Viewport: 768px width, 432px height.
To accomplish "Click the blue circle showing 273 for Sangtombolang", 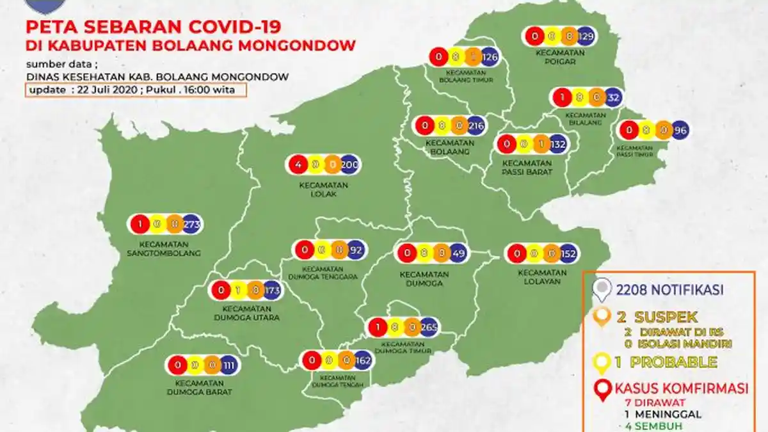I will coord(192,225).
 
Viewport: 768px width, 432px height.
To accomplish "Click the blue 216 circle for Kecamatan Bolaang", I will coord(476,125).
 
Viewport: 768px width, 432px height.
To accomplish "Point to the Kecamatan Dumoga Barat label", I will coord(199,387).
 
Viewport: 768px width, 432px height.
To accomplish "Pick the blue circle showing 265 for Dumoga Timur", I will coord(429,328).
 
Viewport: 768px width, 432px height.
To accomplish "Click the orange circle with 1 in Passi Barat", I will coord(541,145).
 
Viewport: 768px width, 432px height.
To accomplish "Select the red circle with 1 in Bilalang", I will coord(561,98).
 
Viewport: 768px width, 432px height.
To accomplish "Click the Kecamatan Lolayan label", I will coord(543,276).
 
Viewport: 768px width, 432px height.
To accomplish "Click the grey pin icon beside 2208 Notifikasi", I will coord(602,290).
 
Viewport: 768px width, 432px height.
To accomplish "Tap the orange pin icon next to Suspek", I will coord(602,317).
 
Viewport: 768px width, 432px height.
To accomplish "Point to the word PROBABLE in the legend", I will coord(673,362).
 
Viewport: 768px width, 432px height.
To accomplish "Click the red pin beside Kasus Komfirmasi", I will coord(602,389).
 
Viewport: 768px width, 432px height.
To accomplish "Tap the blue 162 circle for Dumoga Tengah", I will coord(363,360).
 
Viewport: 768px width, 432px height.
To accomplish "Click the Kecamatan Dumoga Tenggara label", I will coord(328,273).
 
